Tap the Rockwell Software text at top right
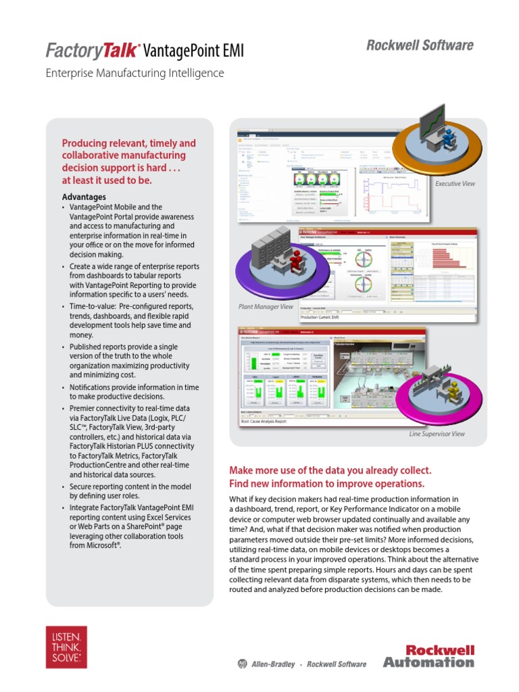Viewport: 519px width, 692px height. [x=420, y=45]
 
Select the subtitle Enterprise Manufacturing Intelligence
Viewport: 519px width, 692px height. [x=134, y=73]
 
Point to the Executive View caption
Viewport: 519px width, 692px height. [x=454, y=184]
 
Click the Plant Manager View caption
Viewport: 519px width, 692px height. [x=266, y=307]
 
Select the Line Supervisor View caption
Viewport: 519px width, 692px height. [x=437, y=434]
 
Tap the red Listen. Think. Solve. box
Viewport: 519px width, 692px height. [x=66, y=647]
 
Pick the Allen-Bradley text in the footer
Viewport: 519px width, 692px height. [x=272, y=664]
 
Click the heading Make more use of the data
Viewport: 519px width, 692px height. [x=330, y=470]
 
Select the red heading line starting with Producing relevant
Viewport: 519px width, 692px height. [x=128, y=143]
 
